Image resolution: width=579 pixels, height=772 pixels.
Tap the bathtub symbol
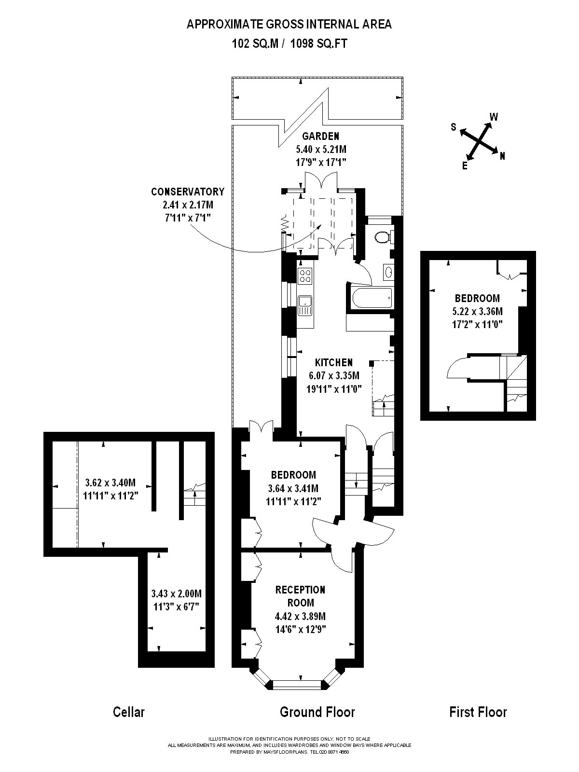click(370, 298)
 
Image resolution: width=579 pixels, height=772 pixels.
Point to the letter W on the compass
click(494, 117)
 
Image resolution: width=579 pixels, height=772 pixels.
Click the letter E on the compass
click(465, 166)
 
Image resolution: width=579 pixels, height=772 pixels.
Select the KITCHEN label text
click(334, 362)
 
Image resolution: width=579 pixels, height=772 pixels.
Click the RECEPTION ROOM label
click(300, 596)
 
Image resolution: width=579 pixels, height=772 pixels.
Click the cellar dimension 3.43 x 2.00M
click(176, 593)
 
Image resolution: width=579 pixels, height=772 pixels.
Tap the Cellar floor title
click(128, 712)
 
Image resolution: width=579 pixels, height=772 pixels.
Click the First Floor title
click(478, 712)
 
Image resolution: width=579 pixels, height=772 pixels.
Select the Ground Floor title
click(317, 712)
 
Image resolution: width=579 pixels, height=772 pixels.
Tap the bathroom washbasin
click(388, 272)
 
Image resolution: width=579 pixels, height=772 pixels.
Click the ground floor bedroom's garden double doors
click(261, 427)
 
